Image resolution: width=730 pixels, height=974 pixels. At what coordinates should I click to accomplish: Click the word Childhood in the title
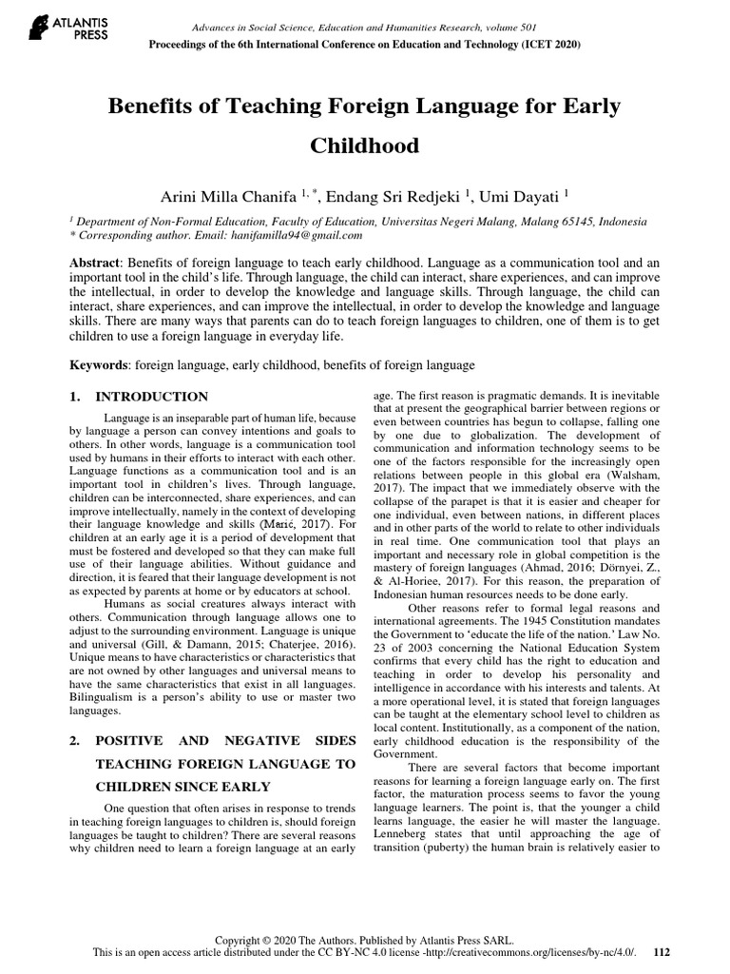[x=365, y=147]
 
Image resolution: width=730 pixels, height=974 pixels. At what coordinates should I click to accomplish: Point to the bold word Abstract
[x=99, y=261]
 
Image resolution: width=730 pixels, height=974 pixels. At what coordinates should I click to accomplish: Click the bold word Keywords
[x=102, y=365]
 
